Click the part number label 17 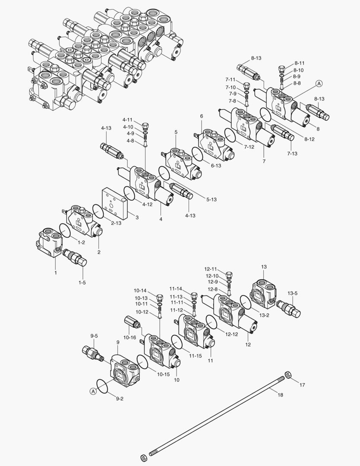[302, 385]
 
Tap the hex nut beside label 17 [288, 375]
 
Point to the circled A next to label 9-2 [92, 391]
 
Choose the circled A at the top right [319, 83]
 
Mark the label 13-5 [293, 293]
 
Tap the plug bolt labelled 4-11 [145, 126]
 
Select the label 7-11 [230, 80]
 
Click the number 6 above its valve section [201, 116]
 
